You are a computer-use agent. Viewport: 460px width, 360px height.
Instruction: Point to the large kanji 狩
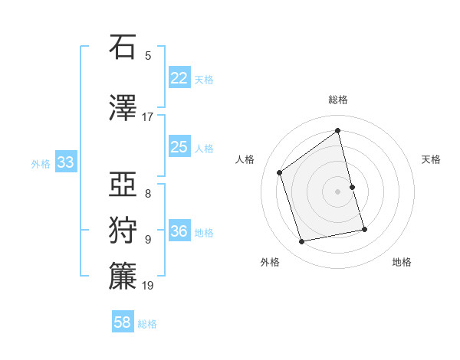pyautogui.click(x=123, y=230)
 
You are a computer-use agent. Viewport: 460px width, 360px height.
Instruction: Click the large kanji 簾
pyautogui.click(x=123, y=276)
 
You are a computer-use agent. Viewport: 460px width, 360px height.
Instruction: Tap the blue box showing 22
pyautogui.click(x=179, y=77)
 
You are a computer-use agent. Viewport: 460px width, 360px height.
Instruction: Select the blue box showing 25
pyautogui.click(x=179, y=146)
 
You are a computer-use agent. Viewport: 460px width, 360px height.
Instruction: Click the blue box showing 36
pyautogui.click(x=179, y=231)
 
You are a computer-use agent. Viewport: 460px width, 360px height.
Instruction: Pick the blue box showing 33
pyautogui.click(x=65, y=162)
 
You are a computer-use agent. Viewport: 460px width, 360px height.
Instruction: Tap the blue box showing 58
pyautogui.click(x=123, y=322)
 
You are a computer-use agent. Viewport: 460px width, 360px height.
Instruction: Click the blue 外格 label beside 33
pyautogui.click(x=41, y=163)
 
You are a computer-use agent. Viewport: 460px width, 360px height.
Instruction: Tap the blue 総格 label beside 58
pyautogui.click(x=147, y=324)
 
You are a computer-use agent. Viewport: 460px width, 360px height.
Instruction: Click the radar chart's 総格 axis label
pyautogui.click(x=338, y=100)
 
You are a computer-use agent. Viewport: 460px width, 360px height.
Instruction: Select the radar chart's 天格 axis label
pyautogui.click(x=432, y=159)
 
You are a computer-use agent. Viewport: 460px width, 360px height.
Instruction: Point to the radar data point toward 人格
pyautogui.click(x=280, y=172)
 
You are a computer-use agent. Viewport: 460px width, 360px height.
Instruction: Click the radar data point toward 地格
pyautogui.click(x=364, y=229)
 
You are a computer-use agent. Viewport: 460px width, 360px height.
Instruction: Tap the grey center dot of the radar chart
pyautogui.click(x=338, y=191)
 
